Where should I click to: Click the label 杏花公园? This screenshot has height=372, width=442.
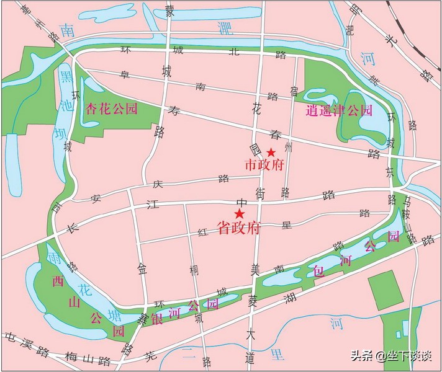112,107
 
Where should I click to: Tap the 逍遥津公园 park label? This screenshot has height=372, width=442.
340,111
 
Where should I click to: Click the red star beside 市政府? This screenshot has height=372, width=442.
271,153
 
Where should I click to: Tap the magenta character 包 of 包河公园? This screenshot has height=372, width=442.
319,270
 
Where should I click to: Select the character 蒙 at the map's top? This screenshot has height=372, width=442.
170,11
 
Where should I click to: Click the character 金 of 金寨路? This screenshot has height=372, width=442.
142,270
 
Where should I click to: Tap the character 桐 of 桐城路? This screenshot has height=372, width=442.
195,271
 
